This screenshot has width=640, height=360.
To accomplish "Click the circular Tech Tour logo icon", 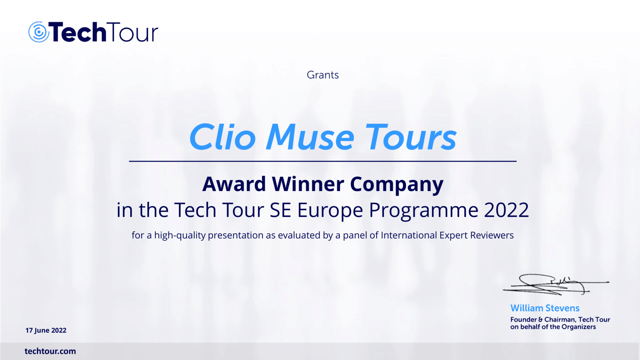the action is (x=39, y=32).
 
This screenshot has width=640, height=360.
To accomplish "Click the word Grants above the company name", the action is (x=323, y=75).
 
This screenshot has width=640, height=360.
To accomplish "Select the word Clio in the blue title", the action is (x=222, y=137).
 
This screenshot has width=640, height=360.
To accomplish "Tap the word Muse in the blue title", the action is (x=310, y=137).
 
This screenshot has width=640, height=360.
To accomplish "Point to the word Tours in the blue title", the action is (x=411, y=137).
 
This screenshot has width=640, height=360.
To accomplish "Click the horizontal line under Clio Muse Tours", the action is (x=323, y=161).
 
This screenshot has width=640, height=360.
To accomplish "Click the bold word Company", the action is (x=397, y=185).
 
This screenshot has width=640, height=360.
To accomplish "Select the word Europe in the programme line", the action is (x=330, y=211).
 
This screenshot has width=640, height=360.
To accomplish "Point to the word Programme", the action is (x=424, y=211).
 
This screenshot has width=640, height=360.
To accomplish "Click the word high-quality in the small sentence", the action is (x=180, y=236).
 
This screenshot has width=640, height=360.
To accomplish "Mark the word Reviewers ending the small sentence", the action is (x=492, y=235).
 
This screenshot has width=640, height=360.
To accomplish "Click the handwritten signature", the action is (x=556, y=285).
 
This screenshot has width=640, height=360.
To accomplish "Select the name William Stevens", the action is (x=545, y=308).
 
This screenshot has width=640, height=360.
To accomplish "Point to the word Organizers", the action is (x=579, y=327).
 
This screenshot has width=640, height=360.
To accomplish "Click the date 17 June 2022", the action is (x=46, y=330).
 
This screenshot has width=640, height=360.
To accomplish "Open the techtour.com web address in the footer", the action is (x=50, y=351).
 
